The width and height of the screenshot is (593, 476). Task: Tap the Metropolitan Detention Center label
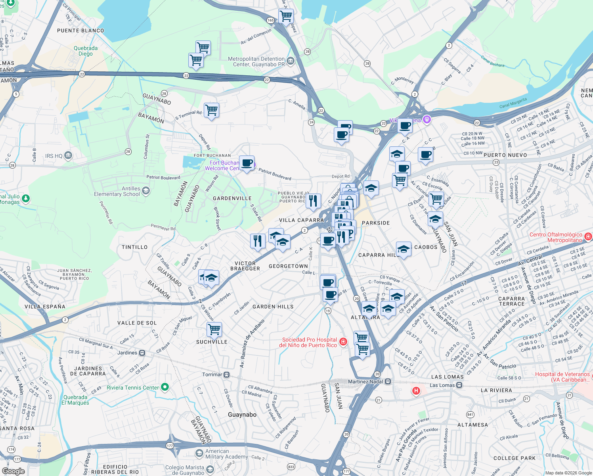coord(256,61)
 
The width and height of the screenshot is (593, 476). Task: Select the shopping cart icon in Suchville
coord(214,329)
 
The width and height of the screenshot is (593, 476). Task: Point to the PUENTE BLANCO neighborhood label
coord(80,31)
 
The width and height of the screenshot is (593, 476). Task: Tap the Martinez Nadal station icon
coord(388,381)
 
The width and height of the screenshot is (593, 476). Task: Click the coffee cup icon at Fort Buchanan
coord(247,163)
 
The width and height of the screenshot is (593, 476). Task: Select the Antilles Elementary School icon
coord(145,191)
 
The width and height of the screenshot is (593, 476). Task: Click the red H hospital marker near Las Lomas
coord(416,391)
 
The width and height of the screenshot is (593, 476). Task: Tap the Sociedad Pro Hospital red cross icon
coord(343,342)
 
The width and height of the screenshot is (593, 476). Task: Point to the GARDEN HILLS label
coord(273,307)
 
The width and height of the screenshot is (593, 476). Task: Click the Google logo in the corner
coord(13,471)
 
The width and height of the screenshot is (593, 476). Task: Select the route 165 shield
coord(270,20)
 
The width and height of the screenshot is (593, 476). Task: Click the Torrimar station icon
coord(226,374)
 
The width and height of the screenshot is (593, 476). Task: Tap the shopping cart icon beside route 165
coord(286,16)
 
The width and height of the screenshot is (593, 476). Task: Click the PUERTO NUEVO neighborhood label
coord(505,155)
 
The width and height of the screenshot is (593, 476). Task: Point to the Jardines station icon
coord(142,353)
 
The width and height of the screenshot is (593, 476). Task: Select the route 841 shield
coord(470,415)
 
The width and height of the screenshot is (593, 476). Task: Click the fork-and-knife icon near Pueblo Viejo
coord(313,201)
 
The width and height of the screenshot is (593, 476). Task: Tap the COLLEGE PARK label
coord(514,458)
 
